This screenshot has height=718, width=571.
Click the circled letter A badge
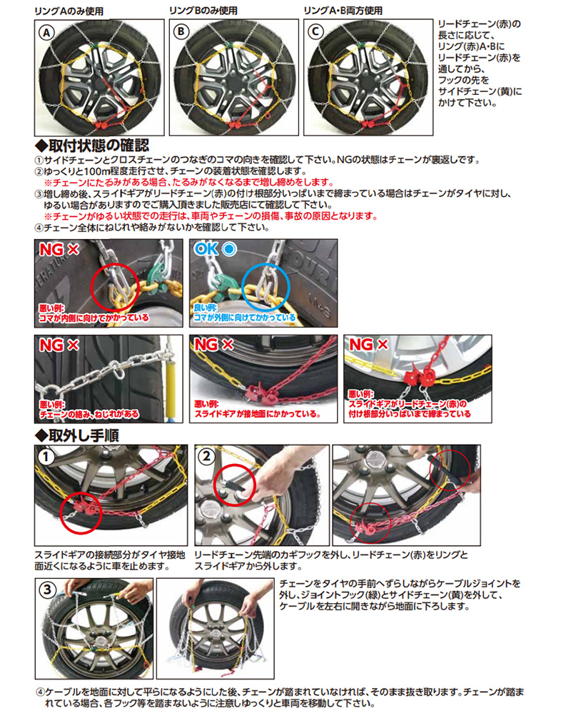tap(46, 33)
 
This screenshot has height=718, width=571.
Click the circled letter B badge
tap(181, 31)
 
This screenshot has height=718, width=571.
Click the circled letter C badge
tap(315, 31)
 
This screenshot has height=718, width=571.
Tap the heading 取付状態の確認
tap(93, 146)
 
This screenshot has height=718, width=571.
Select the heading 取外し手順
tap(77, 435)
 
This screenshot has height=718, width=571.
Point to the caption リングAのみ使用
tap(69, 11)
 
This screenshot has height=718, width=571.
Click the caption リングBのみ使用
tap(203, 10)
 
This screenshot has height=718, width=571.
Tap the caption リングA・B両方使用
tap(343, 10)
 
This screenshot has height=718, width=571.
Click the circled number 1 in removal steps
tap(45, 457)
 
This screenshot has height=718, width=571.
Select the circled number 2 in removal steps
tap(206, 457)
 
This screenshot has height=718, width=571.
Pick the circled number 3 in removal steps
tap(47, 590)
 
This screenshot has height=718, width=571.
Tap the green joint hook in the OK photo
tap(221, 283)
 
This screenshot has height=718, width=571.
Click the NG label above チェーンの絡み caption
tap(59, 345)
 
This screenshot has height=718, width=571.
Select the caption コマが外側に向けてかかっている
tap(245, 318)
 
